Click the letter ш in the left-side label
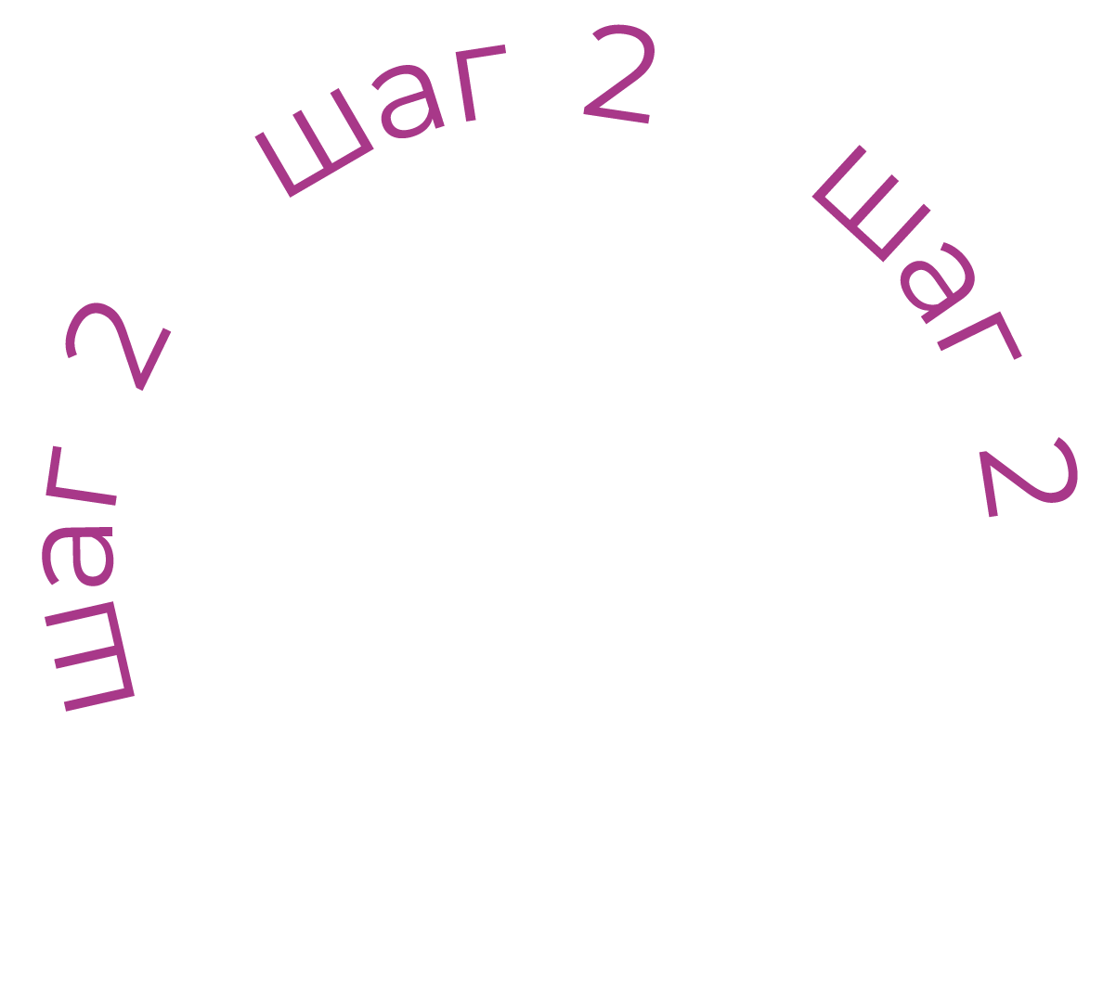click(91, 655)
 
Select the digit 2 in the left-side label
click(116, 344)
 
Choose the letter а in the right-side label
click(938, 282)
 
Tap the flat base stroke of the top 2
click(618, 115)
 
